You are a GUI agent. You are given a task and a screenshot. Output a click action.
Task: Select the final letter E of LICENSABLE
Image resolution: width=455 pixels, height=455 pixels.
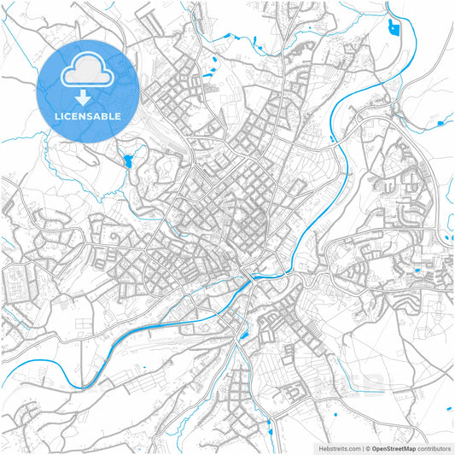point(118,116)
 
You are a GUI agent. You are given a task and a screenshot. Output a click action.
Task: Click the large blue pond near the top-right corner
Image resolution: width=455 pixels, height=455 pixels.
point(394,27)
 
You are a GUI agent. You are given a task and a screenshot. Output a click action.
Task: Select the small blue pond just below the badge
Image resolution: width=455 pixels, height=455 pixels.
point(128,160)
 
